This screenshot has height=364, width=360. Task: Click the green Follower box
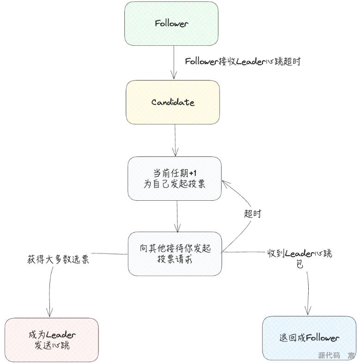pyautogui.click(x=171, y=23)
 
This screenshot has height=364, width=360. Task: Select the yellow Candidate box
pyautogui.click(x=173, y=102)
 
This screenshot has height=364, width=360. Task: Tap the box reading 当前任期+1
pyautogui.click(x=175, y=178)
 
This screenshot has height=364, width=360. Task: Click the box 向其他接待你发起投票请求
pyautogui.click(x=175, y=253)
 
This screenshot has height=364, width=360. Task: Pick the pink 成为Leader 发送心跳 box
pyautogui.click(x=52, y=339)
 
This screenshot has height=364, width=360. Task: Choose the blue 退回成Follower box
pyautogui.click(x=309, y=338)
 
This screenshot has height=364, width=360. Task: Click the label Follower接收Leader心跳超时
pyautogui.click(x=242, y=62)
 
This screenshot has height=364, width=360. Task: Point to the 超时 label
pyautogui.click(x=253, y=213)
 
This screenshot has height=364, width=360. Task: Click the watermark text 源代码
pyautogui.click(x=329, y=356)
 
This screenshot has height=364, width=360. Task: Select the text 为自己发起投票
pyautogui.click(x=175, y=184)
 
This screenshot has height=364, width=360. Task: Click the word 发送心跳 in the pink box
pyautogui.click(x=52, y=345)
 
